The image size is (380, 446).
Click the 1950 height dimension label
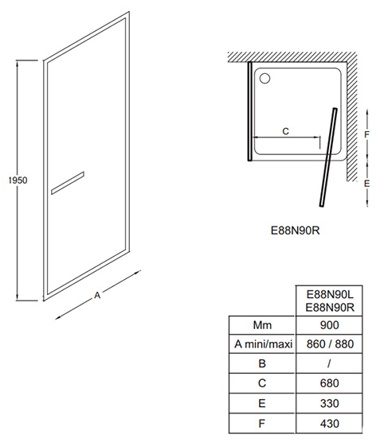coord(18,180)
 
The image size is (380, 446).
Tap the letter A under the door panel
coord(97,296)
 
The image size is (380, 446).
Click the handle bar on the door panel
coord(68,183)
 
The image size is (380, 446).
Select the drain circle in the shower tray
coord(265,78)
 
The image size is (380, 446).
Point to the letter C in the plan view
coord(286,131)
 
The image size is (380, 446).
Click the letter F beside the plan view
coord(367,134)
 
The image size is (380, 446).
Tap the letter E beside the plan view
coord(367,184)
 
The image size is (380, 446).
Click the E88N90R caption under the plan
coord(296,231)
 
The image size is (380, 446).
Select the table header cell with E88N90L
coord(329,301)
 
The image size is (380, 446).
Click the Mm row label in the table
coord(262,325)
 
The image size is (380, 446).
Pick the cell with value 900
coord(329,325)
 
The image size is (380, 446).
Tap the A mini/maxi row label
coord(264,344)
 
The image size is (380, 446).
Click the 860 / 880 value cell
coord(329,344)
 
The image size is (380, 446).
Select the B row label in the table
coord(262,363)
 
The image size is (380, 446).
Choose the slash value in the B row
coord(329,363)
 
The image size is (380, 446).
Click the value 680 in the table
coord(329,383)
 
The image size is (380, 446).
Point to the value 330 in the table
coord(329,403)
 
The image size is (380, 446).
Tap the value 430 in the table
coord(329,424)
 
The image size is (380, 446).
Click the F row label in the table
coord(262,424)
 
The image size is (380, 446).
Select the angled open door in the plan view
coord(328,157)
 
